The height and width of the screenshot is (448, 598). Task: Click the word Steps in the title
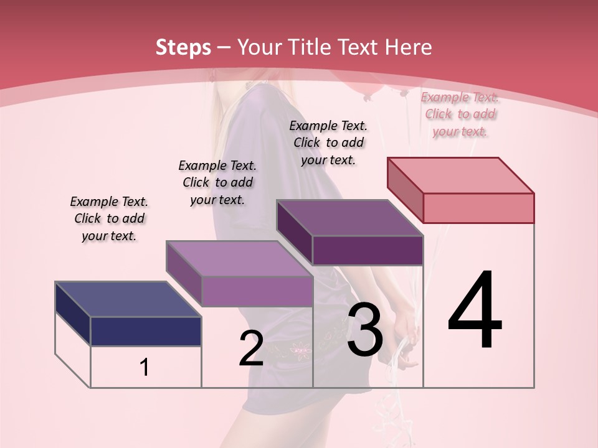pos(183,47)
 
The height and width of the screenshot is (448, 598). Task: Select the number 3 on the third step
pos(365,330)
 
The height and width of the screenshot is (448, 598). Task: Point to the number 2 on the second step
pos(251,348)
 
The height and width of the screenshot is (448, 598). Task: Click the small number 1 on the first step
pos(145,368)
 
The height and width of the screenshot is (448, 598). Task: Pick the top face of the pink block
pos(460,175)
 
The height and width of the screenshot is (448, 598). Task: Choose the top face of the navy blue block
pos(128,299)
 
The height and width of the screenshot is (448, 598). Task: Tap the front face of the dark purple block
pos(368,250)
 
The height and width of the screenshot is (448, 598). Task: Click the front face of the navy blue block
pos(146,331)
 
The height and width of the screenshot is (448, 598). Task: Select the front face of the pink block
pos(478,208)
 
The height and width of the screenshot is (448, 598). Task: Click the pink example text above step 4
pos(460,114)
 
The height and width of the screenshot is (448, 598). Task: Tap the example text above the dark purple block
pos(328,142)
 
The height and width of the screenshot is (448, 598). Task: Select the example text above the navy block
pos(109,218)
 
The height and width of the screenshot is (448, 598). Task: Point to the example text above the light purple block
pos(217,182)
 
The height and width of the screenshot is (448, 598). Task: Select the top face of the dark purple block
pos(349,218)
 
